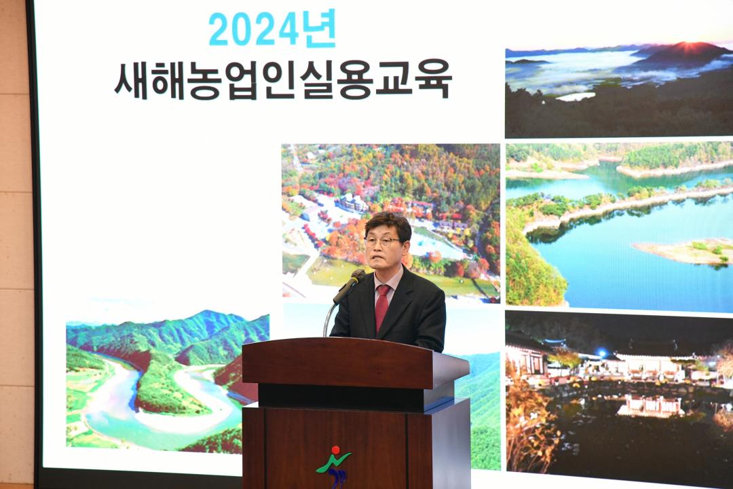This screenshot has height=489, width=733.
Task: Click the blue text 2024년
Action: tap(271, 30)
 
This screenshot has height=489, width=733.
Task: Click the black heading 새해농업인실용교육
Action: tap(282, 81)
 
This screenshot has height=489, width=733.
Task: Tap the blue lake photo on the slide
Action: tap(618, 224)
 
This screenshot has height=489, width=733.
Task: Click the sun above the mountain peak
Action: tap(685, 45)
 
